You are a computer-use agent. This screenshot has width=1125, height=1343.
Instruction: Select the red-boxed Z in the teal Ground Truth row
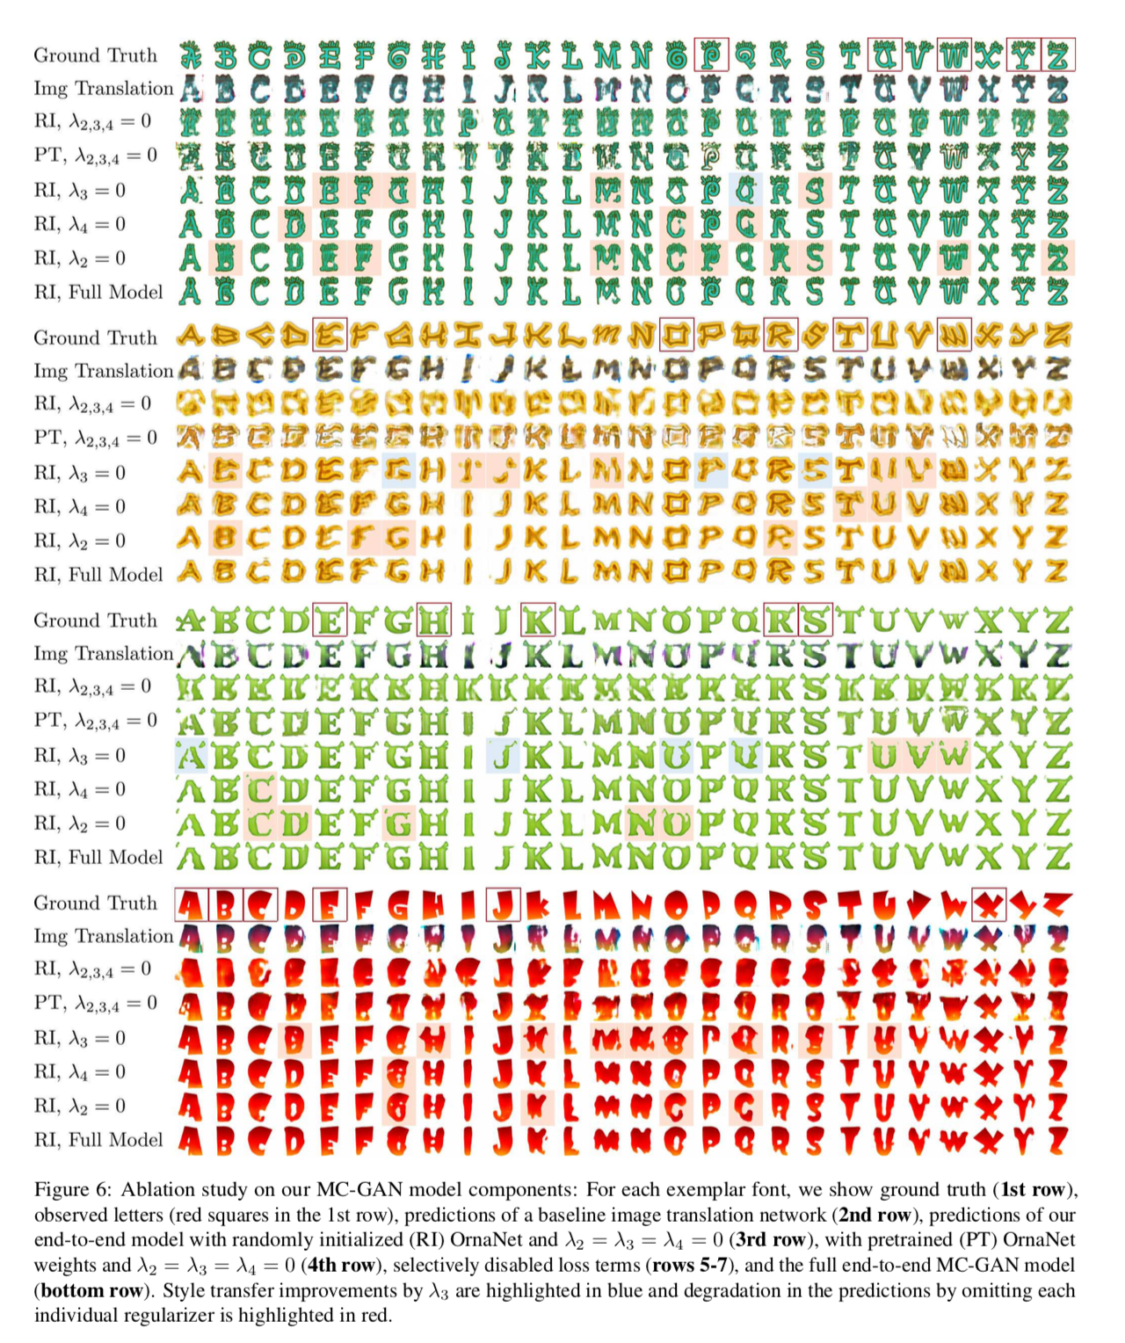click(1058, 55)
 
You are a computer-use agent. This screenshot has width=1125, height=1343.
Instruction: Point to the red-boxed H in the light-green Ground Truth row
click(433, 621)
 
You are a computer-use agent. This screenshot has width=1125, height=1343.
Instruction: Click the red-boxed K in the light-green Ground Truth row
click(538, 621)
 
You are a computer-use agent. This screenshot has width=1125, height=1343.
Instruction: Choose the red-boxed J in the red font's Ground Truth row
click(503, 904)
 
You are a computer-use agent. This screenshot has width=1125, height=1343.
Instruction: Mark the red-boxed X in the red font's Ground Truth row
click(989, 904)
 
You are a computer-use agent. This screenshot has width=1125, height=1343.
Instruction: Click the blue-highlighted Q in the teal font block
click(746, 190)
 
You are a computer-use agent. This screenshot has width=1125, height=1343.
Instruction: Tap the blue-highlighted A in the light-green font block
click(191, 755)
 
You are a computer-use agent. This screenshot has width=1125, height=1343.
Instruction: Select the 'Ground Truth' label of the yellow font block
click(95, 338)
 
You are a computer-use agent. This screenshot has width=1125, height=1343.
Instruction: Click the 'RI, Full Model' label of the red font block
click(98, 1140)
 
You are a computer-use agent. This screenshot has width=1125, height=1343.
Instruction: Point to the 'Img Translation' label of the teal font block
click(104, 89)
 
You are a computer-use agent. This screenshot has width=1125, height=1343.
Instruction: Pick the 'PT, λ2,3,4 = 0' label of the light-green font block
click(96, 722)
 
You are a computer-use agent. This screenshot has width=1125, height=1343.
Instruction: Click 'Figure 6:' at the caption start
click(72, 1190)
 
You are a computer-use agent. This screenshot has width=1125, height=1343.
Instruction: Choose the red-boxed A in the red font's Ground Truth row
click(191, 904)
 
